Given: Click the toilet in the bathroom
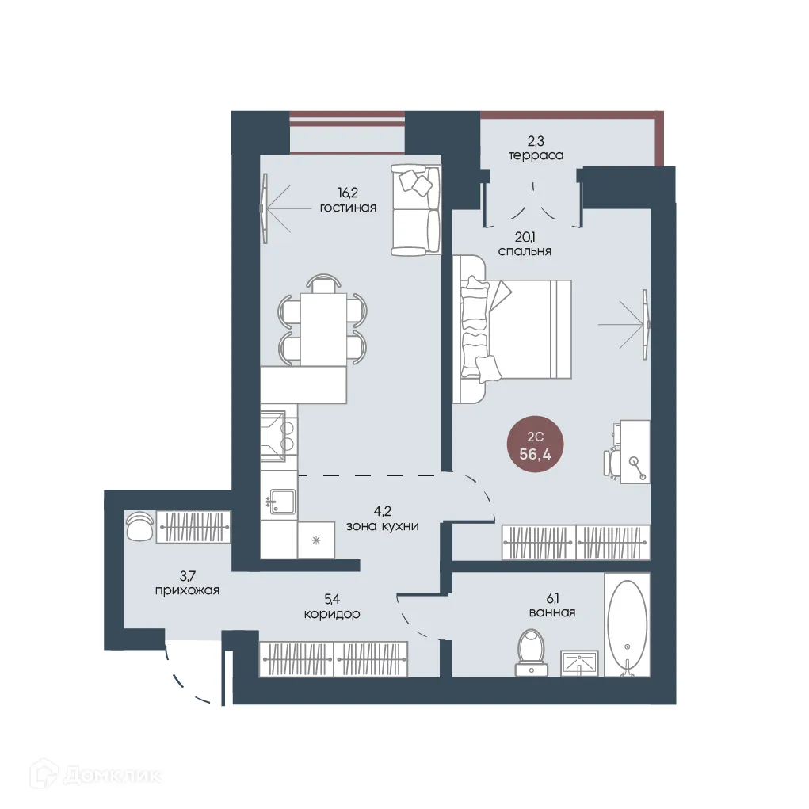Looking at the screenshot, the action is tap(532, 652).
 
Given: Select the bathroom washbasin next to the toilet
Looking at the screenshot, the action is tap(580, 663).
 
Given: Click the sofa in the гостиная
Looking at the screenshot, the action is tap(416, 209).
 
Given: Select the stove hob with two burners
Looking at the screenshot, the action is tap(279, 436).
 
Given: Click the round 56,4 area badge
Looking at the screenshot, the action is tap(535, 445).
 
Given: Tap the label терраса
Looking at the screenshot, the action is tap(536, 155).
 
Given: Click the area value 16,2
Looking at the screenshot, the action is tap(348, 193).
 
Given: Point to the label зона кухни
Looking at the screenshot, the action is tap(383, 526).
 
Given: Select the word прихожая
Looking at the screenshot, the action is tap(187, 591).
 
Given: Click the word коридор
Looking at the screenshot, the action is tap(332, 614).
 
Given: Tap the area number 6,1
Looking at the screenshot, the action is tap(552, 598).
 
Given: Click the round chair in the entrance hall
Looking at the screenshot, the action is tap(139, 526).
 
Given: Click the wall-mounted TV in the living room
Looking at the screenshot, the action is tap(265, 208).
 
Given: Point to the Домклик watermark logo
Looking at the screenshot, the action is tap(96, 774).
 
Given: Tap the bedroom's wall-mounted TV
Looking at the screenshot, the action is tap(645, 325).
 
